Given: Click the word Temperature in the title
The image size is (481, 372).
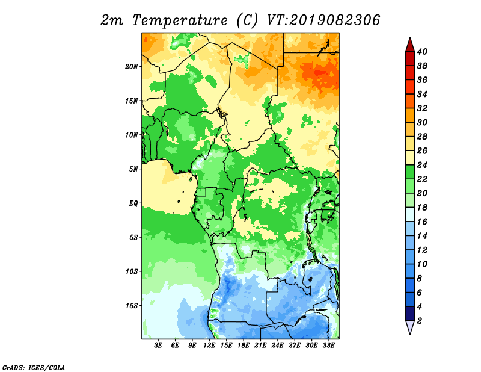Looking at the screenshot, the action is (x=180, y=20).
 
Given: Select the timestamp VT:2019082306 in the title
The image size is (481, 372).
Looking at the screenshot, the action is (x=323, y=20).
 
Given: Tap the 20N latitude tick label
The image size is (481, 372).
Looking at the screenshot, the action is (x=132, y=67).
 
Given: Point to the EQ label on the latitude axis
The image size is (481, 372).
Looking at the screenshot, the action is (x=133, y=203).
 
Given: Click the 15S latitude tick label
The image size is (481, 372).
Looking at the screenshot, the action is (x=132, y=306).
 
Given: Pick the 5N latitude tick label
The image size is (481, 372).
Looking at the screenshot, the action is (x=133, y=169).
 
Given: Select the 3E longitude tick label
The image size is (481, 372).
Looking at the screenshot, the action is (x=158, y=346).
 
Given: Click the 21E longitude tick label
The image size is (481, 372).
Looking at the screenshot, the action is (x=260, y=346).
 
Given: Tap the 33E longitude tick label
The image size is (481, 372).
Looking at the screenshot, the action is (x=328, y=346).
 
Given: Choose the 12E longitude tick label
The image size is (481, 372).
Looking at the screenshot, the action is (x=209, y=346).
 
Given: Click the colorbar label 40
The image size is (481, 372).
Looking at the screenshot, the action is (x=423, y=52).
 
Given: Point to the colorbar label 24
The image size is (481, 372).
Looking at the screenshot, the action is (x=423, y=165).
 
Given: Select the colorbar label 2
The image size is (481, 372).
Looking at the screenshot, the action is (x=420, y=321).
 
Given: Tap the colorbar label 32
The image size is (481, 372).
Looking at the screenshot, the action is (x=423, y=108).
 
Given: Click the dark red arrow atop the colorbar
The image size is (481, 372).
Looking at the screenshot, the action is (x=410, y=45).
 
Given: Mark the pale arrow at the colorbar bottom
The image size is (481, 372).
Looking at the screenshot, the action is (x=410, y=327).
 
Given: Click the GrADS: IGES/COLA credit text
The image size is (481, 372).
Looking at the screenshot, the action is (x=34, y=367).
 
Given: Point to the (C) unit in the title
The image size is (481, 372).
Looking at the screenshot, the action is (x=247, y=20).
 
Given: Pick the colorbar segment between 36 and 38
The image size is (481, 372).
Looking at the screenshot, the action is (x=410, y=73).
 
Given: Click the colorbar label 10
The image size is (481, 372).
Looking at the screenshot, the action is (x=423, y=264).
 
